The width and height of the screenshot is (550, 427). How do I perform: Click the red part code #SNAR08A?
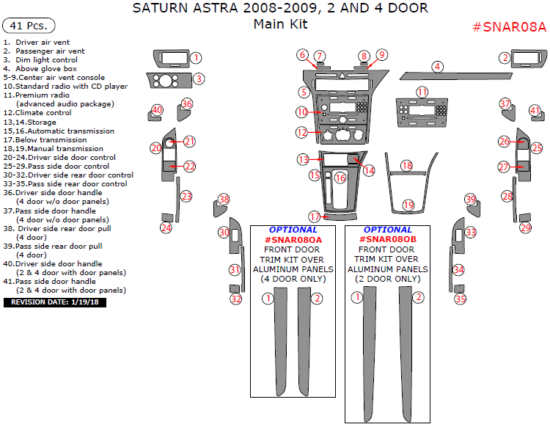point(510,27)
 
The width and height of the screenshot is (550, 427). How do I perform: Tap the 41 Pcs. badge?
point(29,26)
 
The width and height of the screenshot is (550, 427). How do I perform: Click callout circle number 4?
point(437,67)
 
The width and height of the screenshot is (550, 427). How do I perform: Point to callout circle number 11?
point(422,92)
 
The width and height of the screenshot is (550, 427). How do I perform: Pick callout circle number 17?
point(315,216)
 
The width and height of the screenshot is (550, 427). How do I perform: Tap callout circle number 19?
point(408,205)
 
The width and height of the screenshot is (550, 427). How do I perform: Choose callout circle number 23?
point(186,196)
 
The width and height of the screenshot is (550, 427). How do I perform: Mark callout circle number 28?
point(507,196)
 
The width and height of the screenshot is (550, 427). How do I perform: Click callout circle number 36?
point(187,104)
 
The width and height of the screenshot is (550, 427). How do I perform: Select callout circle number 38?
point(224,200)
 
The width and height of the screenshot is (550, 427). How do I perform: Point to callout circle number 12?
point(302,133)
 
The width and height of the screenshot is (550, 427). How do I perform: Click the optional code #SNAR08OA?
point(293,239)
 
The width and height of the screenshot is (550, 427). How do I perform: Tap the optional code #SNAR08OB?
point(388,239)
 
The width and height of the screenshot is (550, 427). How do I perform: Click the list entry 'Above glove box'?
point(45,68)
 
